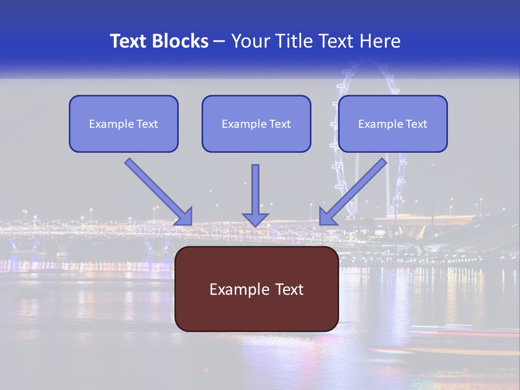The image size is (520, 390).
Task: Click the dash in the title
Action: [x=220, y=42]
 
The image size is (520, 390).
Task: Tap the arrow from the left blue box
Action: [x=154, y=187]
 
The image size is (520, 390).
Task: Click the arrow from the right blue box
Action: [x=357, y=187]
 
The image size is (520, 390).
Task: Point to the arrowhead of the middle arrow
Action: [x=255, y=219]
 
